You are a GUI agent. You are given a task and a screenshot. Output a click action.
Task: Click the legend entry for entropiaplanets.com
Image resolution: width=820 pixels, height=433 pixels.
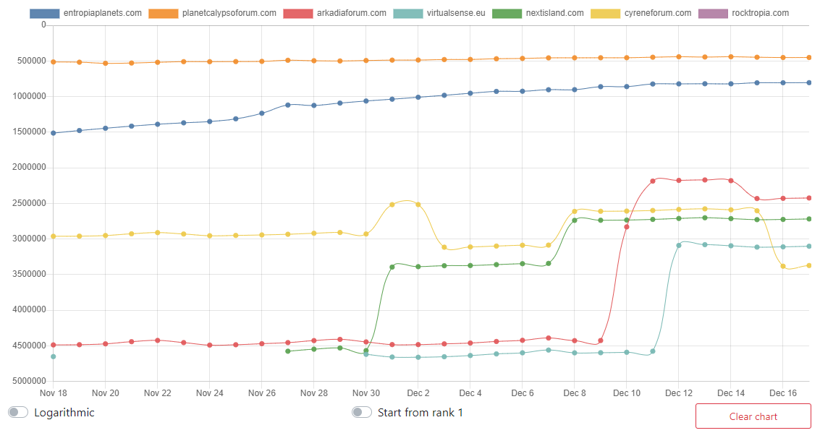pyautogui.click(x=85, y=13)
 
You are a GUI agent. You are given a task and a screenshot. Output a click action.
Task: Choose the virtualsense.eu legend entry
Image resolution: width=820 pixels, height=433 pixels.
pyautogui.click(x=439, y=13)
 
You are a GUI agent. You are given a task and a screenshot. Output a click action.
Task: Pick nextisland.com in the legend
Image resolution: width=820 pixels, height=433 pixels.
pyautogui.click(x=538, y=13)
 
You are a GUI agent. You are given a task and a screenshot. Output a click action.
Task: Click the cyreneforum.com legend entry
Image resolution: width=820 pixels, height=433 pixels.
pyautogui.click(x=641, y=13)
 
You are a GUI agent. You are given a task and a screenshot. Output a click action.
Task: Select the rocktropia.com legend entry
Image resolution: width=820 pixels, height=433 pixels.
pyautogui.click(x=744, y=13)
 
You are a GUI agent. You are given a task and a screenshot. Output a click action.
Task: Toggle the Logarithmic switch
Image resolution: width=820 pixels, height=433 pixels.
pyautogui.click(x=18, y=412)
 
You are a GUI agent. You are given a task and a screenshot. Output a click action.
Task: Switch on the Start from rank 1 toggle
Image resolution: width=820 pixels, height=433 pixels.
pyautogui.click(x=362, y=412)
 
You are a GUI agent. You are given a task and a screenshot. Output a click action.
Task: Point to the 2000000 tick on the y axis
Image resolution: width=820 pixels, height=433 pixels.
pyautogui.click(x=28, y=168)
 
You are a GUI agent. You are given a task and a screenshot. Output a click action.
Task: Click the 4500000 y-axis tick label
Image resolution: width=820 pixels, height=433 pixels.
pyautogui.click(x=28, y=346)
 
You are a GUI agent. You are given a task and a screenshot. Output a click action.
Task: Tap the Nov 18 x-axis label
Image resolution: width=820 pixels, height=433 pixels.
pyautogui.click(x=53, y=393)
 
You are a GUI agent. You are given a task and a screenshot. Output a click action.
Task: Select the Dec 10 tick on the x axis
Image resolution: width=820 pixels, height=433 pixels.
pyautogui.click(x=627, y=393)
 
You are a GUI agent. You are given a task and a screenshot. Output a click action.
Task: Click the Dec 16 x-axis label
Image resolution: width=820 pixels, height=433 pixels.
pyautogui.click(x=783, y=393)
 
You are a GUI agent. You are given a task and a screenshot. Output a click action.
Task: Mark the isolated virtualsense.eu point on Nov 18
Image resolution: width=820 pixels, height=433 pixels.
pyautogui.click(x=53, y=356)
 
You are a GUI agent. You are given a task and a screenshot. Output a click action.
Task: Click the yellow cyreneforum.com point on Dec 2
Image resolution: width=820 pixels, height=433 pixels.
pyautogui.click(x=418, y=205)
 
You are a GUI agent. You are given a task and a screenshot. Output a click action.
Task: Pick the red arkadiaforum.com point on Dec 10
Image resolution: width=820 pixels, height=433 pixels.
pyautogui.click(x=627, y=227)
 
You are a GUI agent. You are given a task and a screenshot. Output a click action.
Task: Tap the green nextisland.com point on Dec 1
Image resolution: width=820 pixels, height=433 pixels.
pyautogui.click(x=392, y=267)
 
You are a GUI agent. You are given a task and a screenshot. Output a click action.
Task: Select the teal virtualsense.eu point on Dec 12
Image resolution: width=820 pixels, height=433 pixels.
pyautogui.click(x=679, y=245)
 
